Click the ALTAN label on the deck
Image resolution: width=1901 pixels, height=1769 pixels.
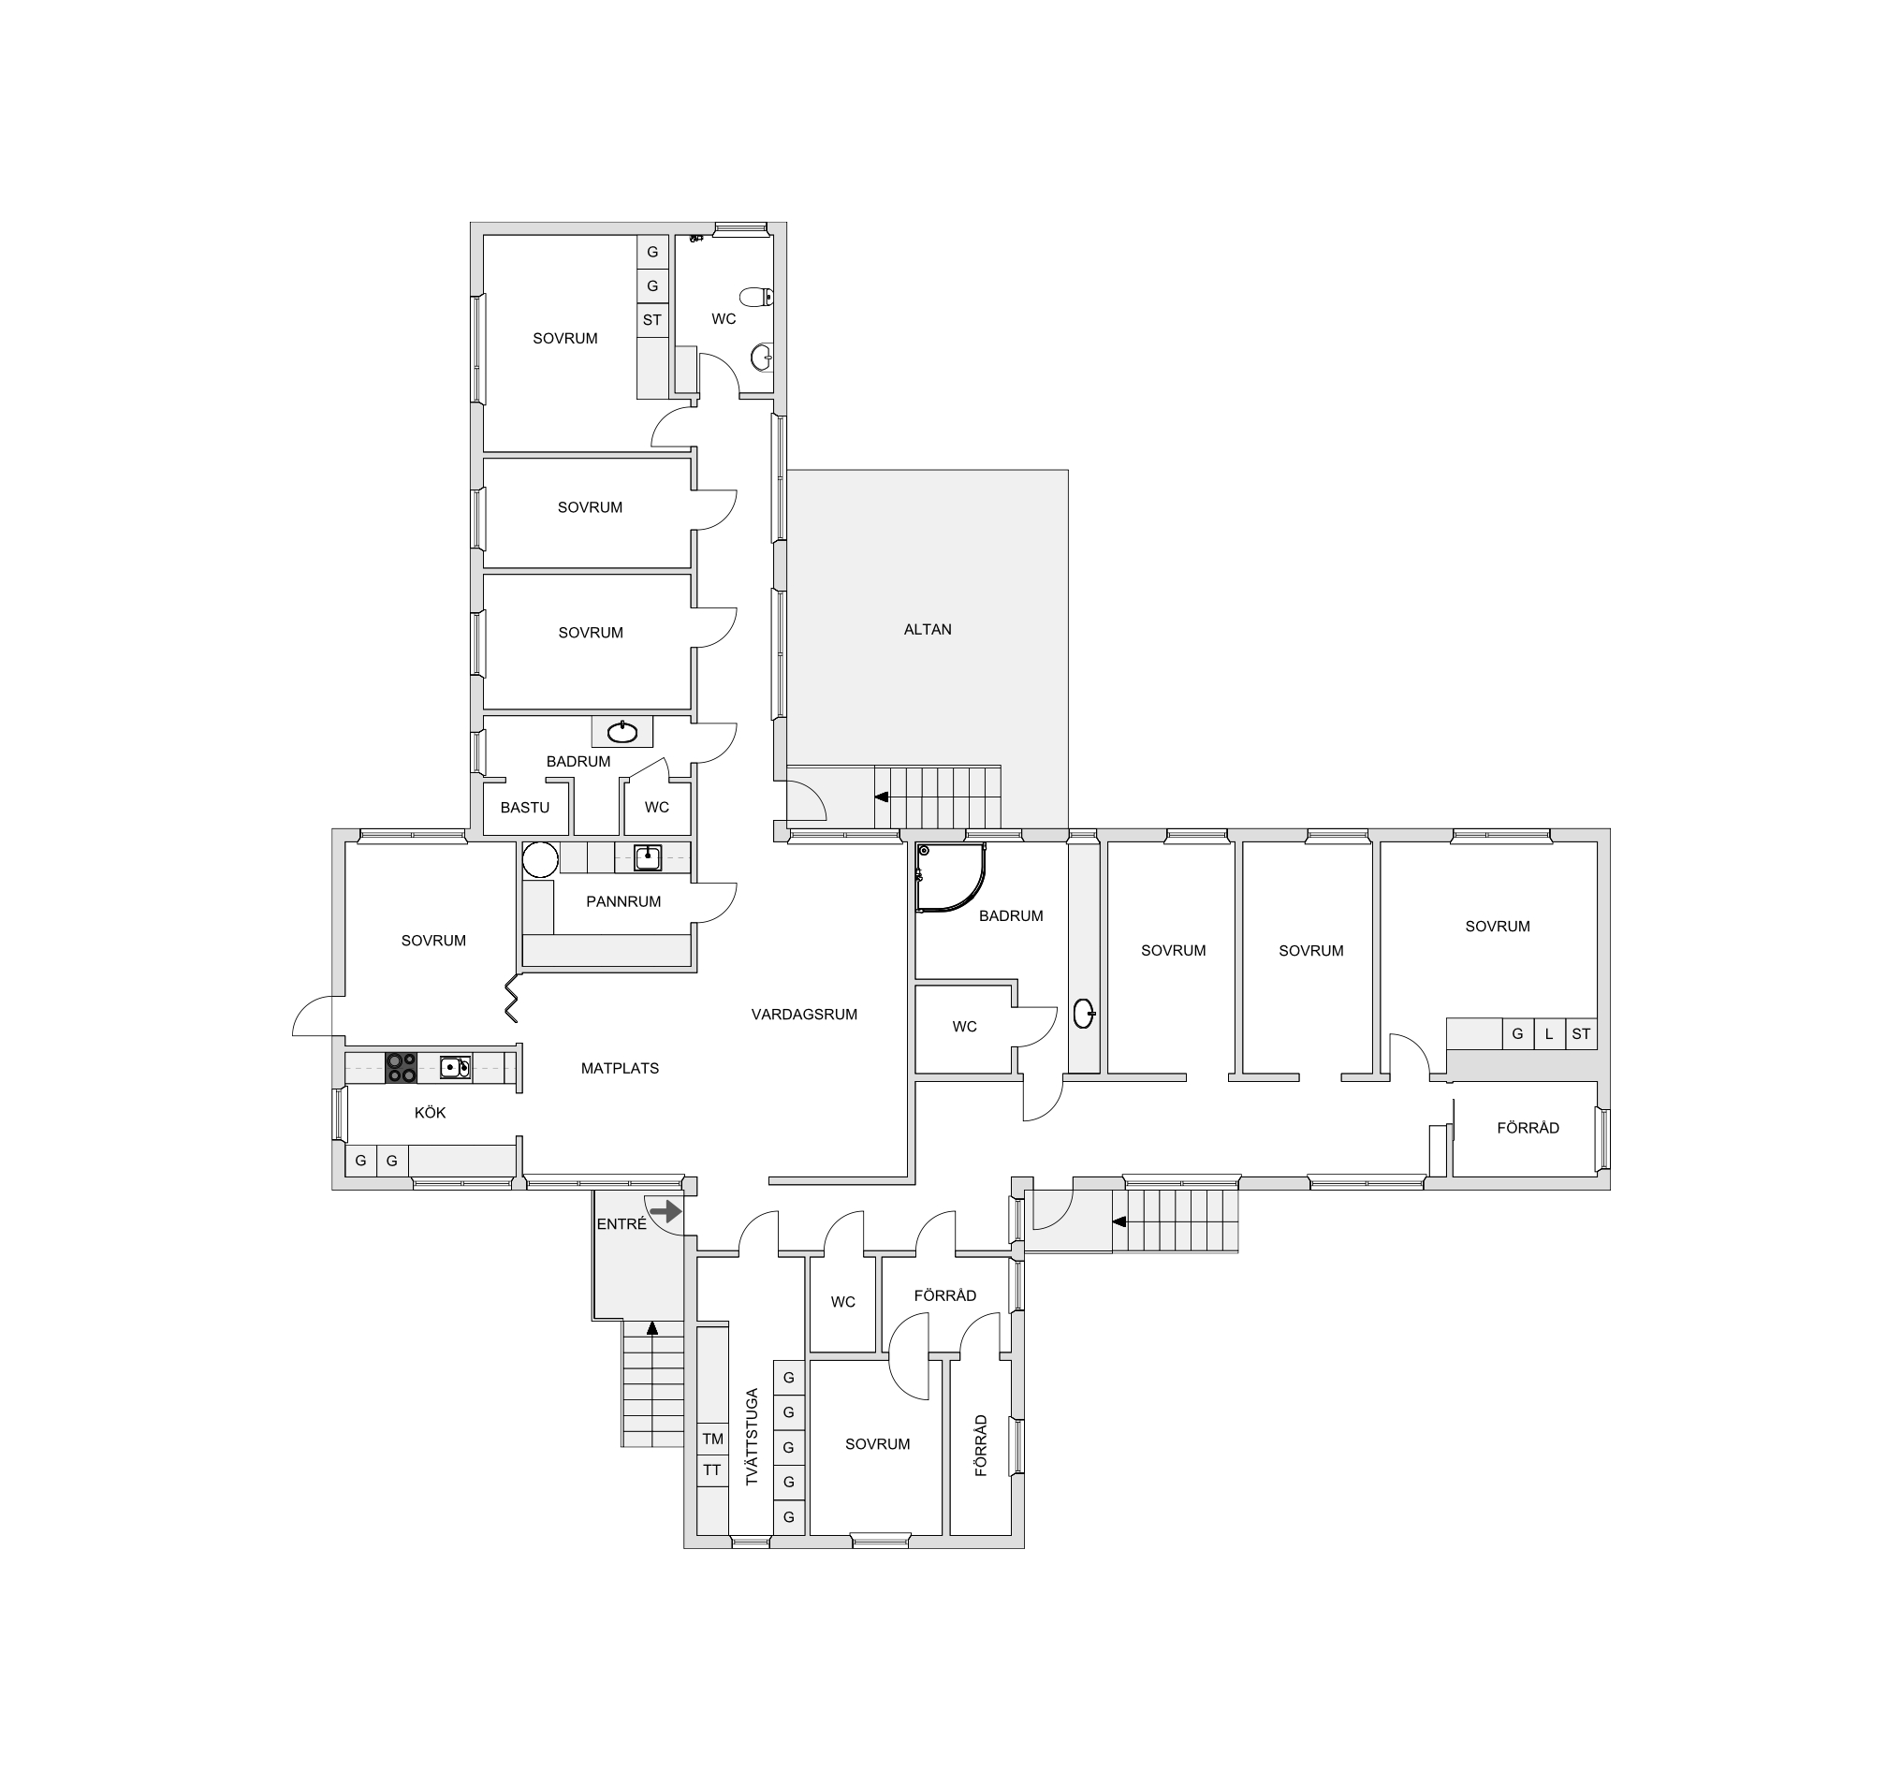tap(928, 629)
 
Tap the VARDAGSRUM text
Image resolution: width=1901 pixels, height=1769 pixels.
tap(804, 1015)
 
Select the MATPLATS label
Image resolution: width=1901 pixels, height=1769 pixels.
tap(620, 1068)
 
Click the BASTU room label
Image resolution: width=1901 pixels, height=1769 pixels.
tap(525, 807)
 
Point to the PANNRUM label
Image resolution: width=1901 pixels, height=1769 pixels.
tap(623, 900)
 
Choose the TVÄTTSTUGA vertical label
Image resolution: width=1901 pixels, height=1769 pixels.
tap(752, 1436)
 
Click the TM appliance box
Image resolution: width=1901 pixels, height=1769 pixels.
tap(712, 1439)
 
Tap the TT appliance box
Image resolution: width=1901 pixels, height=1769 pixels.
tap(712, 1469)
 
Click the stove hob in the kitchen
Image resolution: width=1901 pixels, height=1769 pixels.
tap(402, 1067)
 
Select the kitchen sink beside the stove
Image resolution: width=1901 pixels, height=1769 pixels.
tap(455, 1067)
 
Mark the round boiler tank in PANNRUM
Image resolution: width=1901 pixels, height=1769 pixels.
tap(540, 858)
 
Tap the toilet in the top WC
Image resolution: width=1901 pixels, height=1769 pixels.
tap(756, 297)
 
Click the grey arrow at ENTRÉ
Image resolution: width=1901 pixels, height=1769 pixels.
tap(665, 1211)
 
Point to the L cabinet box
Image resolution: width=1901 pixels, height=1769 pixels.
tap(1549, 1033)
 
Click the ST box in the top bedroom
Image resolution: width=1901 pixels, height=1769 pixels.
tap(652, 319)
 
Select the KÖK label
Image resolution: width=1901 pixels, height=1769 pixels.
tap(431, 1112)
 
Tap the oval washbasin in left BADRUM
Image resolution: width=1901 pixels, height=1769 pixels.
tap(622, 733)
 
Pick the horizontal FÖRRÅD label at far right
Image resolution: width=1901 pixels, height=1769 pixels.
tap(1528, 1127)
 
